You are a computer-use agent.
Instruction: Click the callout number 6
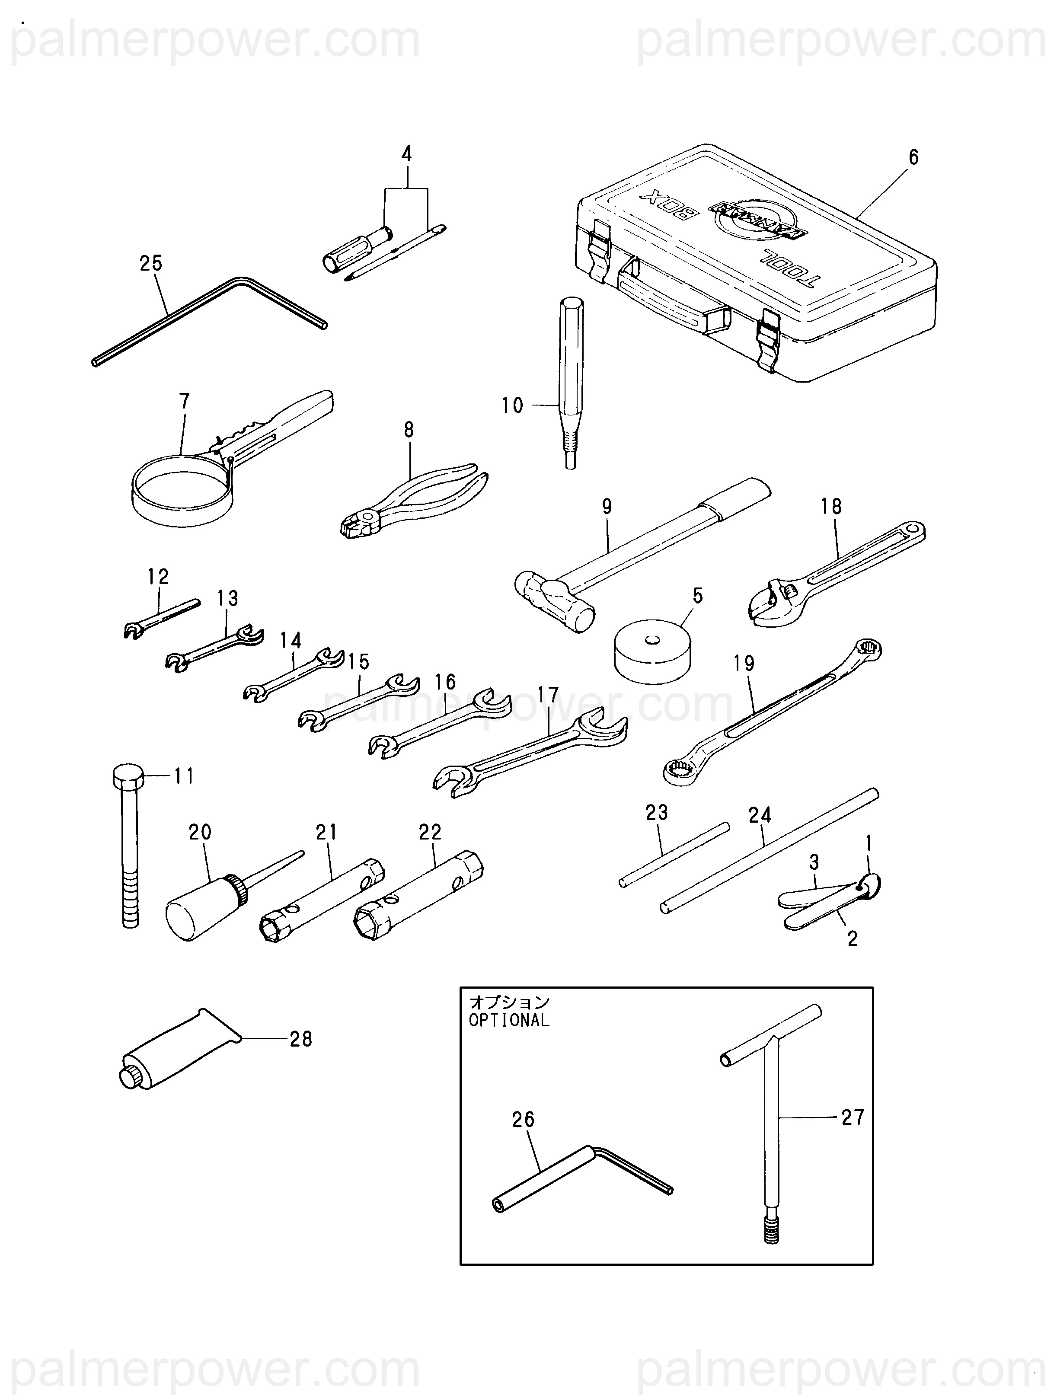(x=913, y=156)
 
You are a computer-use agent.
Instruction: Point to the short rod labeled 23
(x=674, y=855)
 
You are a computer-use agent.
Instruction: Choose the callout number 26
(x=523, y=1119)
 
